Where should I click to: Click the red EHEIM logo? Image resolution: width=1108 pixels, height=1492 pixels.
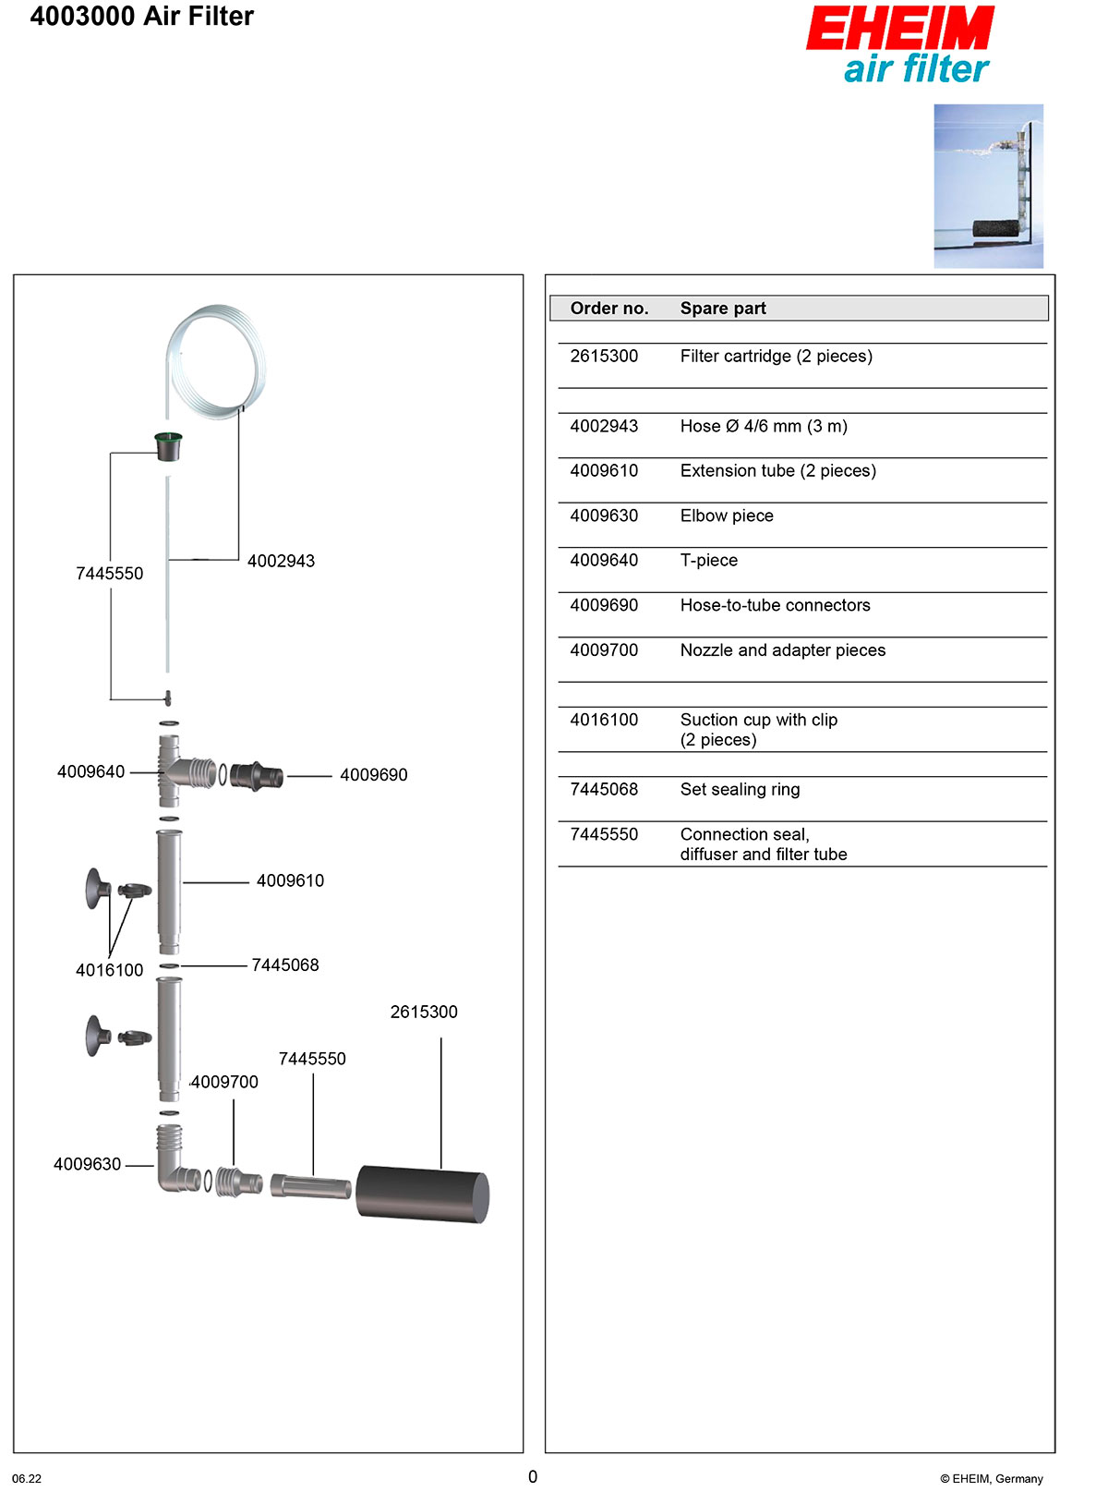[x=899, y=29]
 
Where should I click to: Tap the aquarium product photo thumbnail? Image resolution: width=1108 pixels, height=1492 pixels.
[x=988, y=186]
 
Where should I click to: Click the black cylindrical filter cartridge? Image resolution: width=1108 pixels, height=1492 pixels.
[x=422, y=1195]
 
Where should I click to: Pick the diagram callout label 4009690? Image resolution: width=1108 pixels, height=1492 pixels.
[x=373, y=775]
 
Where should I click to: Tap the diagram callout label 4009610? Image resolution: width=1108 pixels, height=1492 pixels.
[x=290, y=881]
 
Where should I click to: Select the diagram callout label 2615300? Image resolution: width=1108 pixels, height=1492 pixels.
[x=424, y=1013]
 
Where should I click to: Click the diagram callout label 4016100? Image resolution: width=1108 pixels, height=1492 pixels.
[x=109, y=971]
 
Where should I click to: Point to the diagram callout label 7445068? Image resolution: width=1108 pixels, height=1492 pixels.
[x=285, y=965]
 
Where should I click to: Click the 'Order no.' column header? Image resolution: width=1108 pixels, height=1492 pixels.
[x=609, y=309]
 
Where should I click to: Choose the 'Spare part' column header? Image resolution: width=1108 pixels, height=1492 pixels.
[x=723, y=309]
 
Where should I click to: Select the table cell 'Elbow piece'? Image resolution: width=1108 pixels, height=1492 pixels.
[x=727, y=516]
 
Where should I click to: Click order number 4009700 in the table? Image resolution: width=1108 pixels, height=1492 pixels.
[x=604, y=650]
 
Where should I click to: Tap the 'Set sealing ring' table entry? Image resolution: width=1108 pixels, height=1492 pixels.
[x=740, y=790]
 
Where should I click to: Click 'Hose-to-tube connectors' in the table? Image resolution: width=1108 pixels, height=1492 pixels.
[x=775, y=606]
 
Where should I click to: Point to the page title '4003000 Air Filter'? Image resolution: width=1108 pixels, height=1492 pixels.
[x=142, y=17]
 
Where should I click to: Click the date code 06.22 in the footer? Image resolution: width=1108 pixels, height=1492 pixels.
[x=27, y=1478]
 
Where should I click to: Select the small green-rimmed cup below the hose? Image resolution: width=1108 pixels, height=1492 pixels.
[x=168, y=446]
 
